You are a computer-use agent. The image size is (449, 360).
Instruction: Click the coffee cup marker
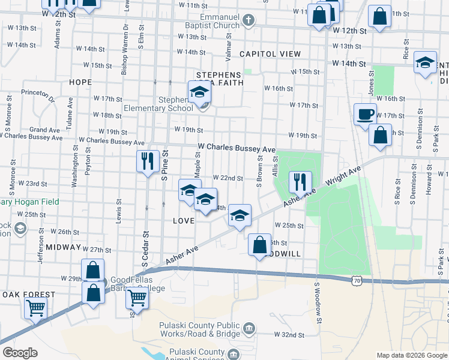click(x=364, y=114)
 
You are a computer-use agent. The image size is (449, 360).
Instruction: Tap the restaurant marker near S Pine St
click(x=147, y=161)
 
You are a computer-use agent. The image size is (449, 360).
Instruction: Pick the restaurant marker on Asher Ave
click(x=300, y=181)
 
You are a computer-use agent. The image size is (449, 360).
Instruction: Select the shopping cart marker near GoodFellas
click(x=138, y=298)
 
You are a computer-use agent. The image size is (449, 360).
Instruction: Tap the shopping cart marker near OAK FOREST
click(x=35, y=308)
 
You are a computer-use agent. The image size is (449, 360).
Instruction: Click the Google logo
click(x=20, y=353)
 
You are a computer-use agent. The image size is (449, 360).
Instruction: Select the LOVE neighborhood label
click(x=184, y=221)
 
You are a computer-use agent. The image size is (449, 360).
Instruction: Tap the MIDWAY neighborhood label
click(x=63, y=247)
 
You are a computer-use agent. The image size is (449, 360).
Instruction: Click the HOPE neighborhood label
click(x=80, y=82)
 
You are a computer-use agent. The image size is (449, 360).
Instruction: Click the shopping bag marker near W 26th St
click(x=259, y=244)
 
